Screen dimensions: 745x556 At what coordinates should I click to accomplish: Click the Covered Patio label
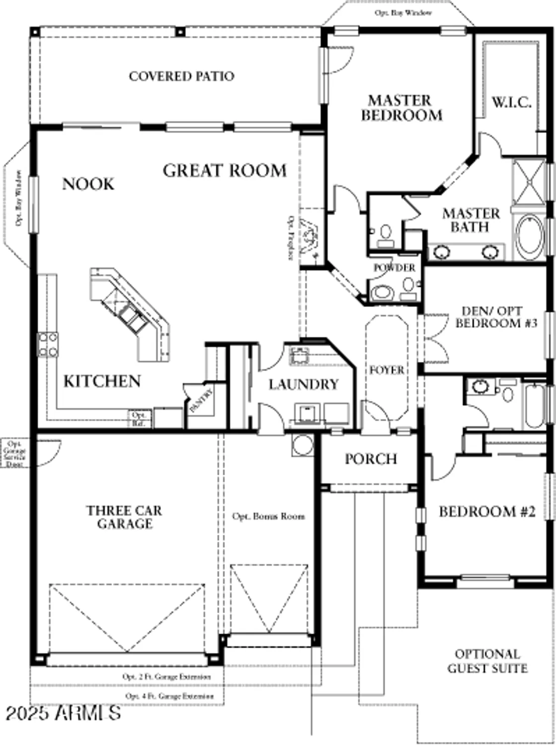(181, 76)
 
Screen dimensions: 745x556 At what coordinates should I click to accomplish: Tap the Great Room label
(225, 171)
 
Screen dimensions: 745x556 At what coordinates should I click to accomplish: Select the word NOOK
(88, 184)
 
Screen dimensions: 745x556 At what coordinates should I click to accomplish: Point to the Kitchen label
(102, 381)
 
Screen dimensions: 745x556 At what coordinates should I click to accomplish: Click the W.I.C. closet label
(511, 103)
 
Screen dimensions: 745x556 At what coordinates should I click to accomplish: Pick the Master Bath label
(471, 221)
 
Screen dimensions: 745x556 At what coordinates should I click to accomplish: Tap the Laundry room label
(303, 384)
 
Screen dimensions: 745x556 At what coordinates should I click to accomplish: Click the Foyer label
(387, 371)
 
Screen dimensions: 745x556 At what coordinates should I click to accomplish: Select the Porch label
(371, 459)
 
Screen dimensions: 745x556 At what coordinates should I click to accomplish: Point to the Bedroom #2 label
(487, 512)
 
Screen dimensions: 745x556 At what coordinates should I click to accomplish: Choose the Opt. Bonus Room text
(268, 517)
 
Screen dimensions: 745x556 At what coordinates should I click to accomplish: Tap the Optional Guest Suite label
(487, 662)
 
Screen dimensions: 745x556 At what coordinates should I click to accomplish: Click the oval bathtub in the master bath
(530, 237)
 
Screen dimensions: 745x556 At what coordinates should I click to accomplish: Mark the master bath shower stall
(529, 182)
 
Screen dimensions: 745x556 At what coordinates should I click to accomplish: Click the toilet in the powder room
(382, 292)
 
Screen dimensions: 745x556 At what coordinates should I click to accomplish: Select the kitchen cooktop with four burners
(48, 345)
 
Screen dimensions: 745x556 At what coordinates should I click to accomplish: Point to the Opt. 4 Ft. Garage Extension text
(170, 696)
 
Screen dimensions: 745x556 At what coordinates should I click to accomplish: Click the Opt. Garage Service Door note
(14, 453)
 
